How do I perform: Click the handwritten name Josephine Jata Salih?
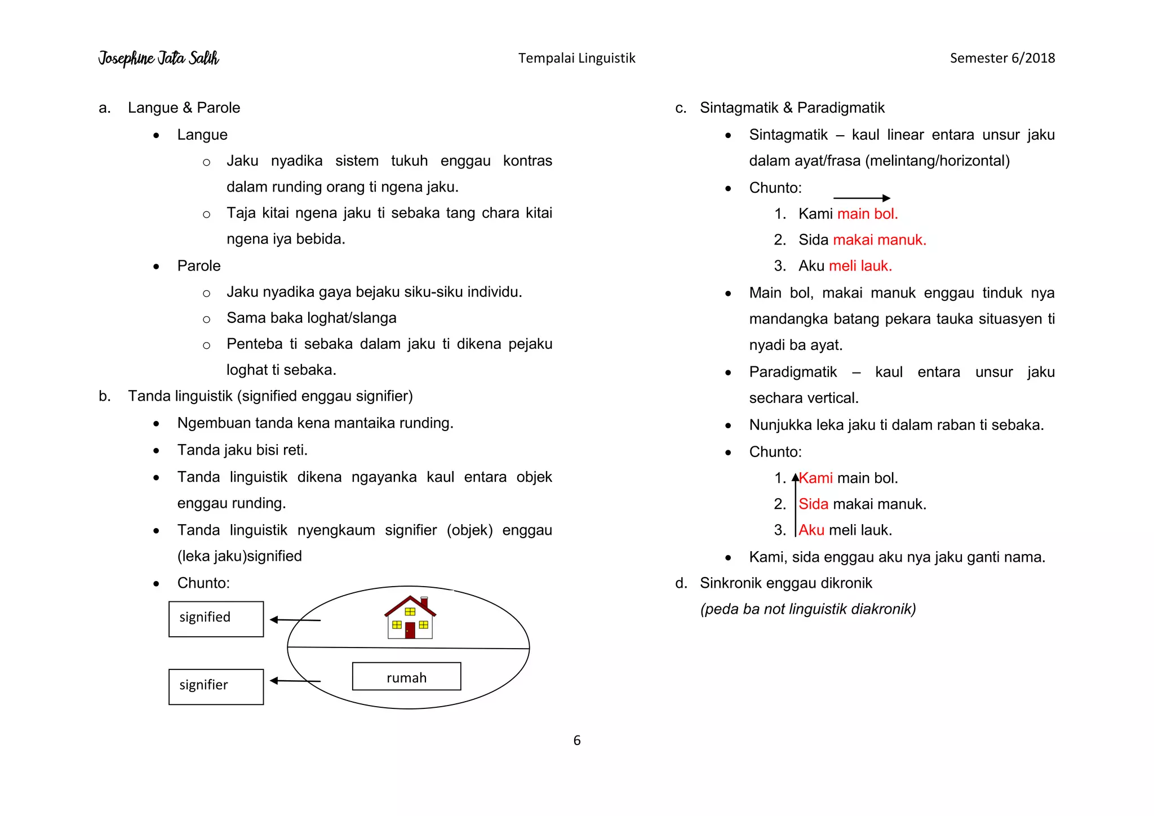click(x=158, y=58)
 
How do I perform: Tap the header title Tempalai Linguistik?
click(x=576, y=58)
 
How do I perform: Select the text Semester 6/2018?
click(x=1002, y=58)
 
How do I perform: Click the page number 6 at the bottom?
click(x=576, y=740)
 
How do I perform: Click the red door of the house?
click(x=410, y=630)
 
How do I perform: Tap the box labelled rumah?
click(x=406, y=676)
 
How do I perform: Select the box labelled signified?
click(x=216, y=619)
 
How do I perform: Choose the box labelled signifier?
click(x=216, y=686)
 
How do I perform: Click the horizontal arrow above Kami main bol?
click(x=861, y=198)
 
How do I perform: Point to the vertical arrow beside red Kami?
click(x=795, y=504)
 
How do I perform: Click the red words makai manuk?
click(x=879, y=240)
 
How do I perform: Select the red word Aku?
click(x=811, y=530)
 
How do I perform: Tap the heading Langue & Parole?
click(x=184, y=108)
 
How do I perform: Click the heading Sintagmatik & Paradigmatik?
click(x=792, y=108)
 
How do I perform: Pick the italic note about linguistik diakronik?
click(x=807, y=609)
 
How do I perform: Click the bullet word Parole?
click(x=198, y=266)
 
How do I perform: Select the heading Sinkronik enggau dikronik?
click(x=785, y=583)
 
